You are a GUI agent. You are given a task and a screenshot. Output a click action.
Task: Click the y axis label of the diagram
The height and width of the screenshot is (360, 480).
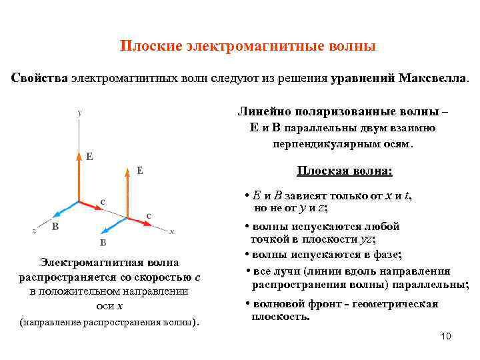coord(79,113)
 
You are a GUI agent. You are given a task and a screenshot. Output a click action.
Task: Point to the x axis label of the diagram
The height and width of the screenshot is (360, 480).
coord(172,232)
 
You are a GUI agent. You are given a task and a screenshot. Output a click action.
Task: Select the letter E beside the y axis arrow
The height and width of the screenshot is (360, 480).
coord(89,157)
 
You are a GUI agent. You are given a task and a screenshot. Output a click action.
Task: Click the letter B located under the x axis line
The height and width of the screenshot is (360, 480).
coord(103,243)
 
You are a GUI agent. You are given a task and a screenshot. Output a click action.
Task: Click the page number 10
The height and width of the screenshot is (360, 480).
coord(446,336)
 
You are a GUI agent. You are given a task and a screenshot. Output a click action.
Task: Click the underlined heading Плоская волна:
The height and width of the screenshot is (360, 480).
coord(345,171)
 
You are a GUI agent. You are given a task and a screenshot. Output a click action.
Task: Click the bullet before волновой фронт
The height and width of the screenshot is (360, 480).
coord(247,304)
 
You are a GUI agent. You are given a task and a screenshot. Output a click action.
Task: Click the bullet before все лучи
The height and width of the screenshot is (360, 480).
coord(247,271)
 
